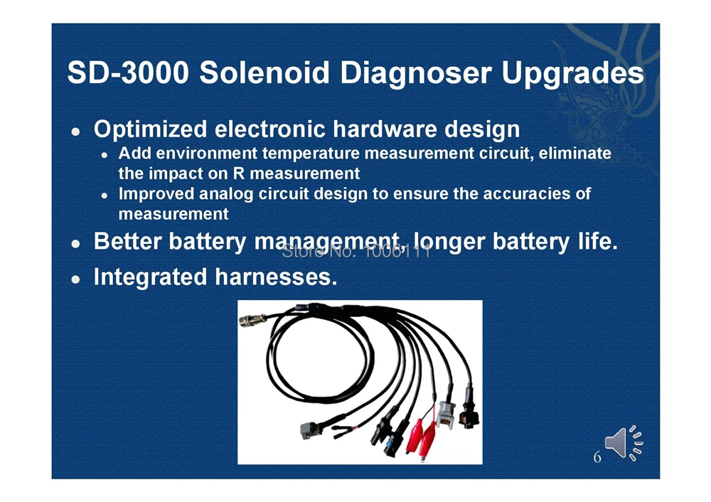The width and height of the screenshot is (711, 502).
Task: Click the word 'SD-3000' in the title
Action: point(128,73)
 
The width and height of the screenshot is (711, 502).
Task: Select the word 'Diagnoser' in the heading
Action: point(416,73)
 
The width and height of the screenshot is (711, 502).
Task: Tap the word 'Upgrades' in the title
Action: point(572,73)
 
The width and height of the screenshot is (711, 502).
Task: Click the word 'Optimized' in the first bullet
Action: point(151,129)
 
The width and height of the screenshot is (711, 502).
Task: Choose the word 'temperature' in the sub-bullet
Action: point(311,154)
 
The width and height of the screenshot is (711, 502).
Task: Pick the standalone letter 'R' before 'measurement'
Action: point(238,173)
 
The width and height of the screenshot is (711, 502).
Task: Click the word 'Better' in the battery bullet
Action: point(128,241)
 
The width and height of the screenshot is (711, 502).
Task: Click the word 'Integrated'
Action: point(150,277)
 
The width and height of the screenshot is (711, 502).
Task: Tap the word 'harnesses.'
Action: point(276,277)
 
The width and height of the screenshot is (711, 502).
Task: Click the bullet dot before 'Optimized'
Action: point(76,132)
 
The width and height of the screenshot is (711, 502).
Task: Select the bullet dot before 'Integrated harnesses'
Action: point(76,279)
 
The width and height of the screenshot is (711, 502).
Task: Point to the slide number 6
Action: point(597,456)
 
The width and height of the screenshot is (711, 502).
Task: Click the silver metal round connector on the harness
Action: point(252,321)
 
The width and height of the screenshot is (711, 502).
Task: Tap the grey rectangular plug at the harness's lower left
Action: point(311,429)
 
